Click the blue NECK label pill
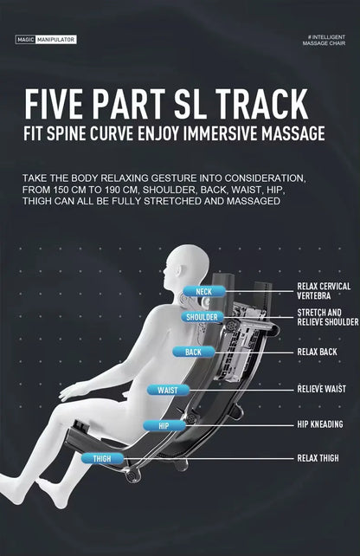(204, 292)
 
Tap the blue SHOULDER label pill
(202, 317)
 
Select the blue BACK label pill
(194, 352)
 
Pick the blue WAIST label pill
(168, 391)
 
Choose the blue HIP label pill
(164, 426)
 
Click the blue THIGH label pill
(102, 459)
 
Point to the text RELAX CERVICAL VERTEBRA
(324, 291)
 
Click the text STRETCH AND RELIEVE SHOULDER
(328, 317)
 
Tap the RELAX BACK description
(317, 352)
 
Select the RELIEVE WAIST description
(321, 390)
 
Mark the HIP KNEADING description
(320, 424)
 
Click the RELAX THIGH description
(318, 458)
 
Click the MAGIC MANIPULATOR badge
(46, 40)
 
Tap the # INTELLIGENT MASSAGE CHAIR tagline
(324, 40)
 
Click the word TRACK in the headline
(261, 104)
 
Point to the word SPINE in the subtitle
(67, 133)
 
